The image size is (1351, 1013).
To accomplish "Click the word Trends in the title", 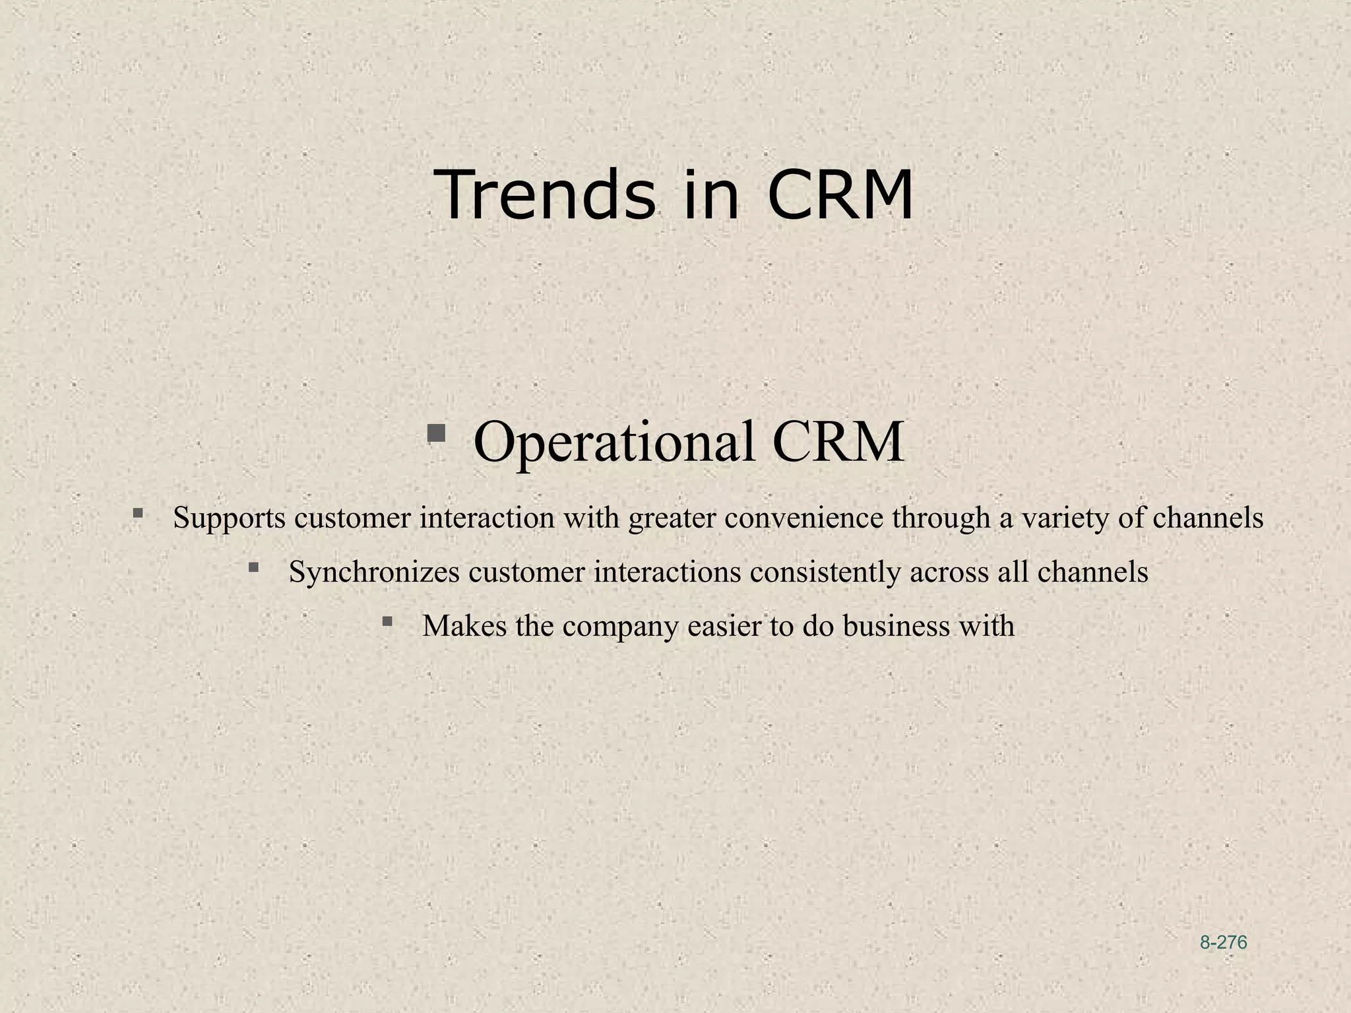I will click(545, 195).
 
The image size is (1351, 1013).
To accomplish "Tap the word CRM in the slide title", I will click(840, 195).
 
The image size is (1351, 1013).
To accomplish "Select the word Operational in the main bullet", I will click(614, 442).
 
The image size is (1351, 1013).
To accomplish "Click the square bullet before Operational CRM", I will click(436, 433).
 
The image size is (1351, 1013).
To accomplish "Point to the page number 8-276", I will click(1223, 942).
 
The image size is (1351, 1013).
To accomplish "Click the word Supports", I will click(229, 518).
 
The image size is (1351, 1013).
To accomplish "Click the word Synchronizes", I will click(374, 572).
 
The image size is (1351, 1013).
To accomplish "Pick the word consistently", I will click(825, 572).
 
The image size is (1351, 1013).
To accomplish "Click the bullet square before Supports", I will click(138, 512).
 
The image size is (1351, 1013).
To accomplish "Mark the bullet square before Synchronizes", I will click(253, 567).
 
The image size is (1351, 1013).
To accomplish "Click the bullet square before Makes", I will click(387, 621).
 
